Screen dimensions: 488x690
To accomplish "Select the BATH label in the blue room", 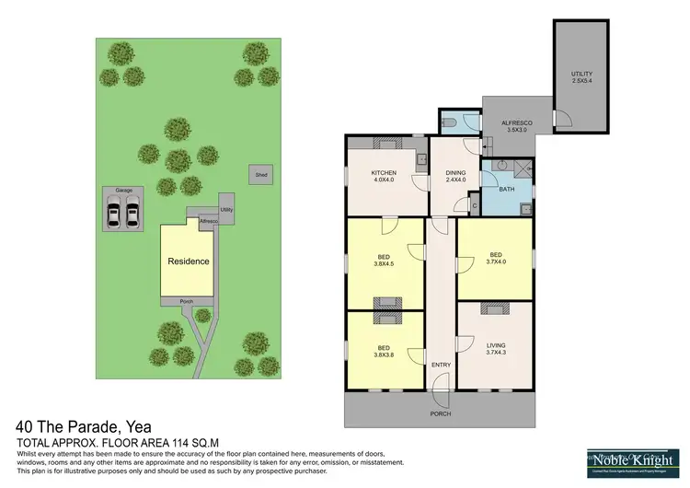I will point(506,190).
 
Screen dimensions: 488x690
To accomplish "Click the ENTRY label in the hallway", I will point(441,366).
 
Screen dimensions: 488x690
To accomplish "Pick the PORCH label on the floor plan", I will point(441,413).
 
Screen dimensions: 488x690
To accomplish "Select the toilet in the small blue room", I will point(450,122).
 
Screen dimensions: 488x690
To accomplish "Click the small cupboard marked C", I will point(473,206).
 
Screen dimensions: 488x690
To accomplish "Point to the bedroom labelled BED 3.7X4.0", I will point(495,258).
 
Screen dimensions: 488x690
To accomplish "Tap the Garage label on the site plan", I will point(123,191).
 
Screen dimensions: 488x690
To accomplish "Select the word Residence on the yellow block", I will point(188,261).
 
